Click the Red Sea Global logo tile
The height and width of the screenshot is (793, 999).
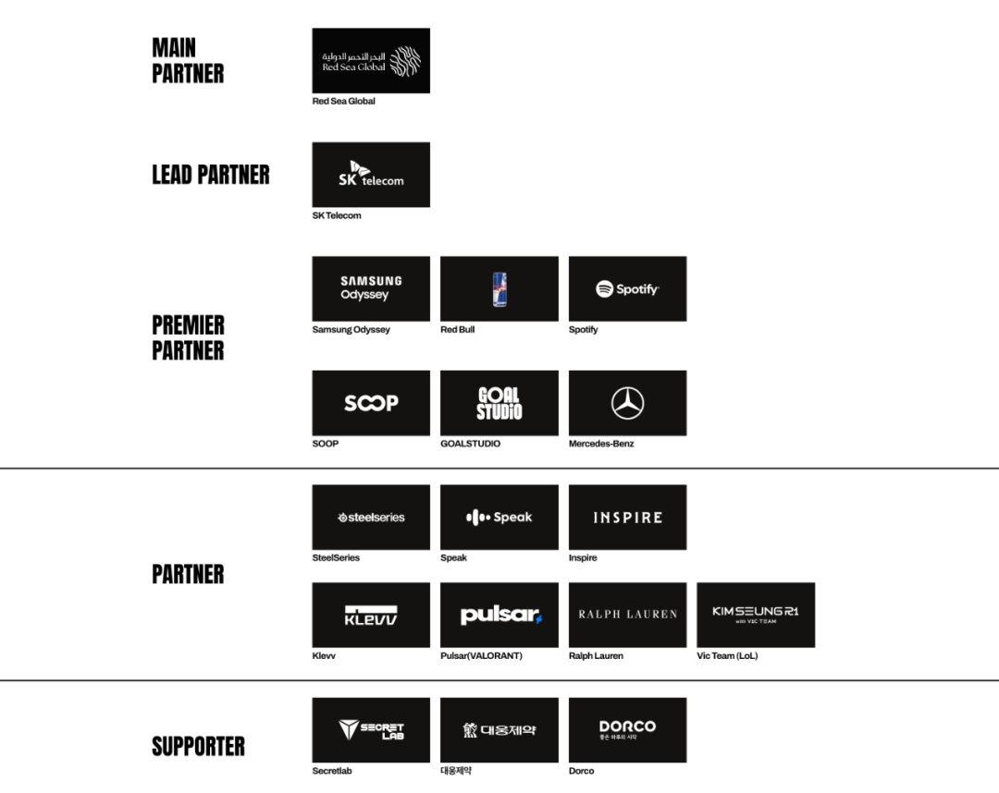tap(371, 60)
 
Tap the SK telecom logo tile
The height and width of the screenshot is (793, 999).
tap(371, 175)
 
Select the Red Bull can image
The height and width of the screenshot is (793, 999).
tap(499, 288)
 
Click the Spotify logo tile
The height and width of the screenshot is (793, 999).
tap(627, 288)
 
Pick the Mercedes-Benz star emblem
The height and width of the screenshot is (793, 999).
tap(628, 403)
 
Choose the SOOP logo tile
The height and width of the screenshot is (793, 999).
tap(371, 403)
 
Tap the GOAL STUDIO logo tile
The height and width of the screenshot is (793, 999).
tap(499, 403)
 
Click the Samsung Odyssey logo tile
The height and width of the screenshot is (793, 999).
tap(371, 288)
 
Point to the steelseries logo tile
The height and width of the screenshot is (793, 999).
tap(371, 518)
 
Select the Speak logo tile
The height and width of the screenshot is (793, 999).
tap(499, 518)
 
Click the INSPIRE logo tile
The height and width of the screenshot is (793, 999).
tap(627, 518)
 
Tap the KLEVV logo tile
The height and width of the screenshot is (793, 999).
tap(371, 615)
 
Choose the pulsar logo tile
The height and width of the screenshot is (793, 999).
tap(499, 615)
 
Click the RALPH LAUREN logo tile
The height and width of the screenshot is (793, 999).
tap(627, 615)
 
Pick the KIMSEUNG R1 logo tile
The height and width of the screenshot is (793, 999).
tap(756, 615)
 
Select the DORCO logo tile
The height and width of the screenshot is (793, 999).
tap(627, 730)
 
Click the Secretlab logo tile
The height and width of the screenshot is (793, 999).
tap(371, 730)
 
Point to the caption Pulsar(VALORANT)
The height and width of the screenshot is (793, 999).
tap(481, 656)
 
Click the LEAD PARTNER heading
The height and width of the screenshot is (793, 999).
tap(211, 175)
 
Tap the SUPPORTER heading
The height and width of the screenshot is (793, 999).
tap(198, 746)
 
